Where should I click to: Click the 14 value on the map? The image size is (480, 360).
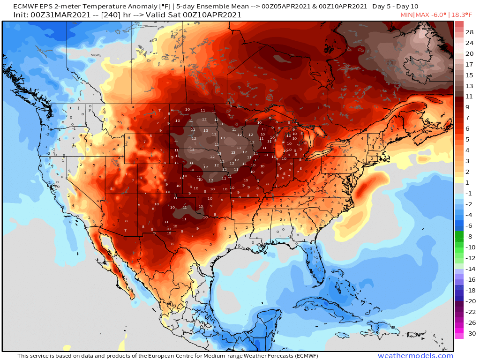(192, 150)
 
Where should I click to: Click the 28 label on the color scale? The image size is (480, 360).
(470, 32)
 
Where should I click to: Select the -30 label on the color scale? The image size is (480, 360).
(470, 334)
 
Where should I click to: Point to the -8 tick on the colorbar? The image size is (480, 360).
(470, 237)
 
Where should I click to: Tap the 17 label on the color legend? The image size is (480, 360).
(470, 64)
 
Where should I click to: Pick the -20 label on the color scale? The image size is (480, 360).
(470, 301)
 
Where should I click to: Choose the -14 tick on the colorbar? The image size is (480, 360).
(470, 269)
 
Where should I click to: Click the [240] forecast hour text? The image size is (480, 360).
(112, 15)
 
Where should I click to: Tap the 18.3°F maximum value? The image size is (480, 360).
(464, 15)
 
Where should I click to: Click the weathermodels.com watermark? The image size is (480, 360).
(415, 356)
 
